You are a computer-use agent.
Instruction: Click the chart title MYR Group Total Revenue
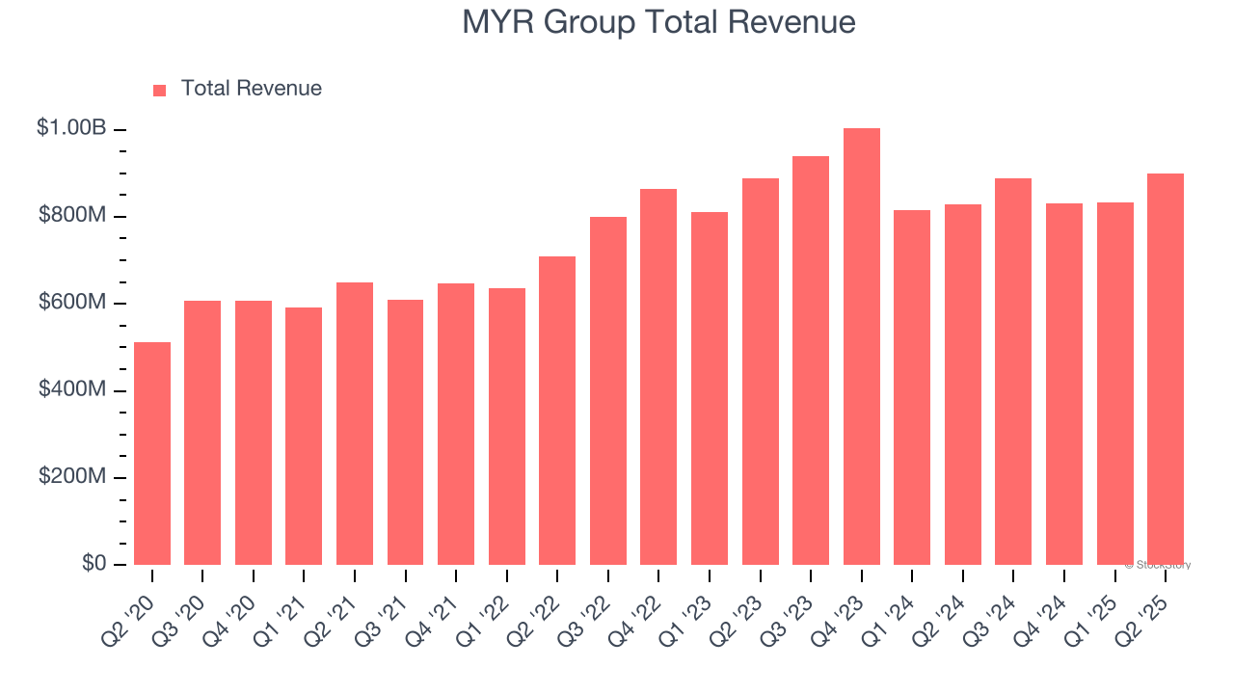pos(658,22)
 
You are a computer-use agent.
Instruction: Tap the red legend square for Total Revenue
pos(160,90)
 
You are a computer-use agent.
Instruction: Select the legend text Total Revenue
pos(252,89)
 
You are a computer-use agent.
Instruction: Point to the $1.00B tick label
pos(70,127)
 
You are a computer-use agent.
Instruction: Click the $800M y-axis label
pos(71,215)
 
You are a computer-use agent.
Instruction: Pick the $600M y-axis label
pos(71,303)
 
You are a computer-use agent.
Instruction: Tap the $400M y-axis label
pos(71,389)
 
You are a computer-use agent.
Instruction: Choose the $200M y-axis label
pos(71,477)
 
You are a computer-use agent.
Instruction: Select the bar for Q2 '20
pos(152,453)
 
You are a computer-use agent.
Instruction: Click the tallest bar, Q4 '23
pos(861,347)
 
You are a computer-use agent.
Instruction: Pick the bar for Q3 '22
pos(608,390)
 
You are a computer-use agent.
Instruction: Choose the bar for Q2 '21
pos(355,424)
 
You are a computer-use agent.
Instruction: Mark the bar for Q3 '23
pos(811,360)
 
